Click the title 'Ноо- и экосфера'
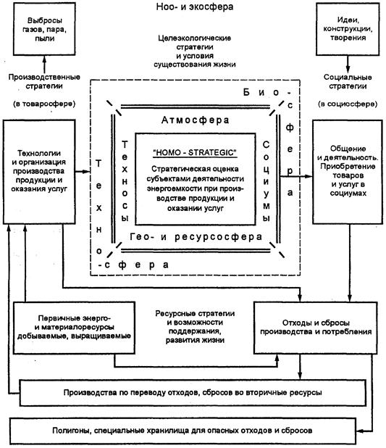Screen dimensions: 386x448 195,7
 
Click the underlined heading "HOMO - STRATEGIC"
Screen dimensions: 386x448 195,152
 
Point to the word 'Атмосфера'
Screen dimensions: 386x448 196,120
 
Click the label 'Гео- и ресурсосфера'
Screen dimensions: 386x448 196,237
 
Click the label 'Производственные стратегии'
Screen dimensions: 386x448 44,81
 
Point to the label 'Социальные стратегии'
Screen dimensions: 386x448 348,81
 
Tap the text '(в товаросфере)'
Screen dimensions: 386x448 44,104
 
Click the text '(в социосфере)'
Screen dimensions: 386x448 348,104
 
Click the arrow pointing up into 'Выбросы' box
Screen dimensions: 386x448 44,64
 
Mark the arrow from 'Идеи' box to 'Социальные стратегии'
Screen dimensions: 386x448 348,64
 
